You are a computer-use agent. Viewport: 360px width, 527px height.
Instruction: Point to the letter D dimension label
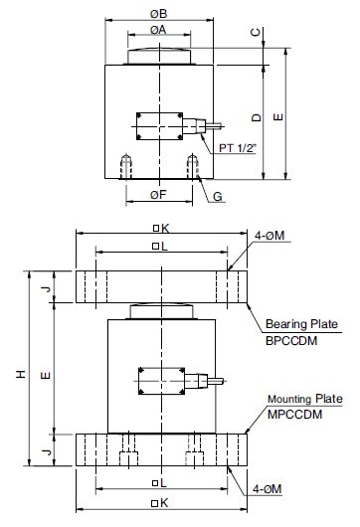click(257, 117)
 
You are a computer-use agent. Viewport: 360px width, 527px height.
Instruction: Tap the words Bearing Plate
click(301, 324)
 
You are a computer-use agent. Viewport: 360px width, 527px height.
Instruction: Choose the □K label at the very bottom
click(157, 503)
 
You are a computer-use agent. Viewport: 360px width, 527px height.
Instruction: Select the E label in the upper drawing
click(278, 117)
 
